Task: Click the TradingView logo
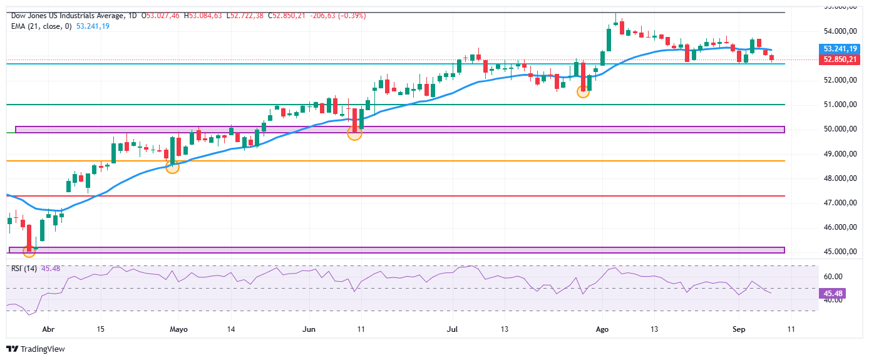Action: [x=36, y=349]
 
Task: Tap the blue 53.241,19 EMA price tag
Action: [x=840, y=49]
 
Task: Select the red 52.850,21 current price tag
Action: [x=840, y=59]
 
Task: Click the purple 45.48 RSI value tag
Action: [x=833, y=293]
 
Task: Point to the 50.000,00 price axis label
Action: [x=840, y=129]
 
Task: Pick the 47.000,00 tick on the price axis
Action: [x=840, y=203]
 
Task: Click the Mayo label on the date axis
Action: [x=178, y=329]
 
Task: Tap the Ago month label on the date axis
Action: [x=602, y=329]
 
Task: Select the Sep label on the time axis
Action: [x=739, y=329]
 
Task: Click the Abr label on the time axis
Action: [x=48, y=329]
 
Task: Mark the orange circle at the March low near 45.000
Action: [x=29, y=252]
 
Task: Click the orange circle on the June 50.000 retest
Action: [x=354, y=133]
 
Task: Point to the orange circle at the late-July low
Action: [x=583, y=92]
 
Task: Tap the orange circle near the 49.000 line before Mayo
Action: [x=172, y=167]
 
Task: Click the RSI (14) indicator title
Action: [x=24, y=269]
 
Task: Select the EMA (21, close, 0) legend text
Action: [x=41, y=26]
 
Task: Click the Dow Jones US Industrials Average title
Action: [x=68, y=16]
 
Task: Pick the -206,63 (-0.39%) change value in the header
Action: [x=338, y=16]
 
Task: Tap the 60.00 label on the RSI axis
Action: [x=833, y=277]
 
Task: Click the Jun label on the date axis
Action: [x=309, y=329]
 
